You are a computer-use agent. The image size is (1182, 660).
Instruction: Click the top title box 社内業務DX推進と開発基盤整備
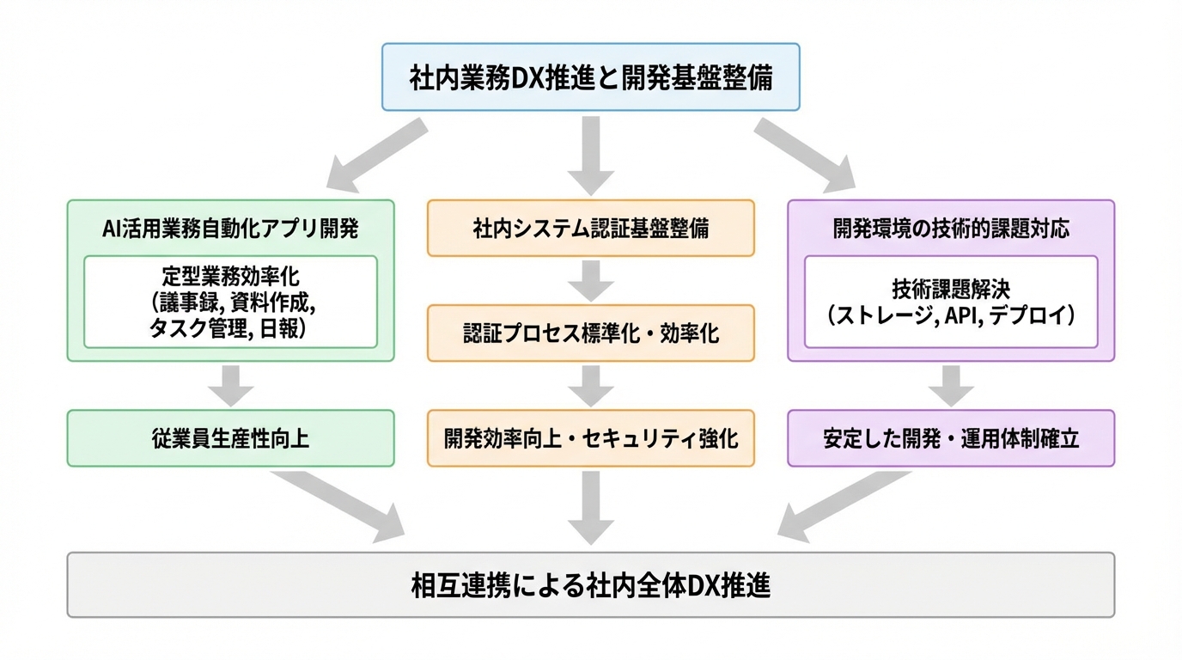click(x=591, y=77)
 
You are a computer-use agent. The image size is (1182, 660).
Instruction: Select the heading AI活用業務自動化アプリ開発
click(x=230, y=229)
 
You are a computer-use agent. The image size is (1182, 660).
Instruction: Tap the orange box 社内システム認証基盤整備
click(x=591, y=229)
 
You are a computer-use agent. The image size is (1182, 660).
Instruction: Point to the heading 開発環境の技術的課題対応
click(x=951, y=229)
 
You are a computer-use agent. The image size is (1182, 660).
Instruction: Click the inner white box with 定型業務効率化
click(x=230, y=302)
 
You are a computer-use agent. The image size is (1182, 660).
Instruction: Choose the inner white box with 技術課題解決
click(x=951, y=302)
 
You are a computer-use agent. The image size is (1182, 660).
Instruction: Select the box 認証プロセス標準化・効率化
click(x=591, y=333)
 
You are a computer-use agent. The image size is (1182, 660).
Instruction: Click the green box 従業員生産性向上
click(x=230, y=438)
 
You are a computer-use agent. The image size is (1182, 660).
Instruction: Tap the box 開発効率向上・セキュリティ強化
click(x=591, y=438)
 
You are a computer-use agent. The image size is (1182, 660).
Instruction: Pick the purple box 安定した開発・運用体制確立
click(x=951, y=438)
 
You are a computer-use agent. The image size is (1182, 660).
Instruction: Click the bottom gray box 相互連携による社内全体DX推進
click(x=591, y=585)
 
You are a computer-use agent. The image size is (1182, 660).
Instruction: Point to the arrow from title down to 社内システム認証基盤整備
click(x=591, y=155)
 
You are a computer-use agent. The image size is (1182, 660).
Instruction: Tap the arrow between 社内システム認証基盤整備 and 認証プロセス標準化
click(x=591, y=279)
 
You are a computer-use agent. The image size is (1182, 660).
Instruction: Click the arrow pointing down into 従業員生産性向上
click(x=230, y=385)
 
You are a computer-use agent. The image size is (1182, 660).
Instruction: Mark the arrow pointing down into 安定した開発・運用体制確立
click(x=951, y=385)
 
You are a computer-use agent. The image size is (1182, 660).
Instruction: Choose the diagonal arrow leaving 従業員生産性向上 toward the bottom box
click(x=339, y=507)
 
